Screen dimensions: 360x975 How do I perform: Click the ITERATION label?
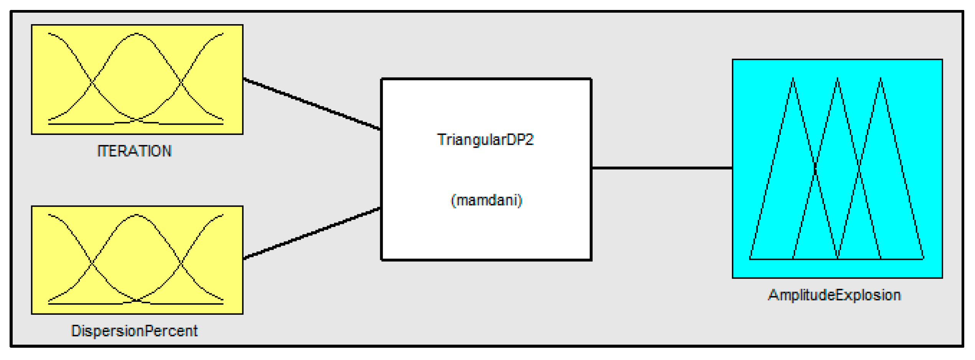tap(134, 151)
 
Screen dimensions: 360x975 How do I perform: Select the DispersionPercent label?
tap(134, 331)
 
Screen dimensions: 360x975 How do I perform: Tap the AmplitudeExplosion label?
tap(835, 295)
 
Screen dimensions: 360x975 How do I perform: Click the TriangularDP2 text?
tap(485, 140)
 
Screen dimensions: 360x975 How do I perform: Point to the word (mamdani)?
tap(486, 201)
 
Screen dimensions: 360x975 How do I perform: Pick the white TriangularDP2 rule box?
tap(486, 169)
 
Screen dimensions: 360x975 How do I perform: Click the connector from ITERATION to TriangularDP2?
tap(312, 104)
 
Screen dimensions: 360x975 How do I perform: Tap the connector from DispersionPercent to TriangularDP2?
tap(312, 233)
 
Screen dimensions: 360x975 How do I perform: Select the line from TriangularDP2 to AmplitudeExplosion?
tap(662, 168)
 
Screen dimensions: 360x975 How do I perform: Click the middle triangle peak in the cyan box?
tap(838, 79)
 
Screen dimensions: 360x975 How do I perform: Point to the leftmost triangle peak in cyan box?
tap(793, 79)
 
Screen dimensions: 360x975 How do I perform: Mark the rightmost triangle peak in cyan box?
tap(881, 79)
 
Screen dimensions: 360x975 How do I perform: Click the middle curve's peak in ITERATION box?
tap(137, 34)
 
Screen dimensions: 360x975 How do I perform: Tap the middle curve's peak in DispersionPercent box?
tap(137, 215)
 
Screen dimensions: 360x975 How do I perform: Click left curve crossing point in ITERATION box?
tap(92, 82)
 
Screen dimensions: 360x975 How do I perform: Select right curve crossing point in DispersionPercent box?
tap(181, 263)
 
